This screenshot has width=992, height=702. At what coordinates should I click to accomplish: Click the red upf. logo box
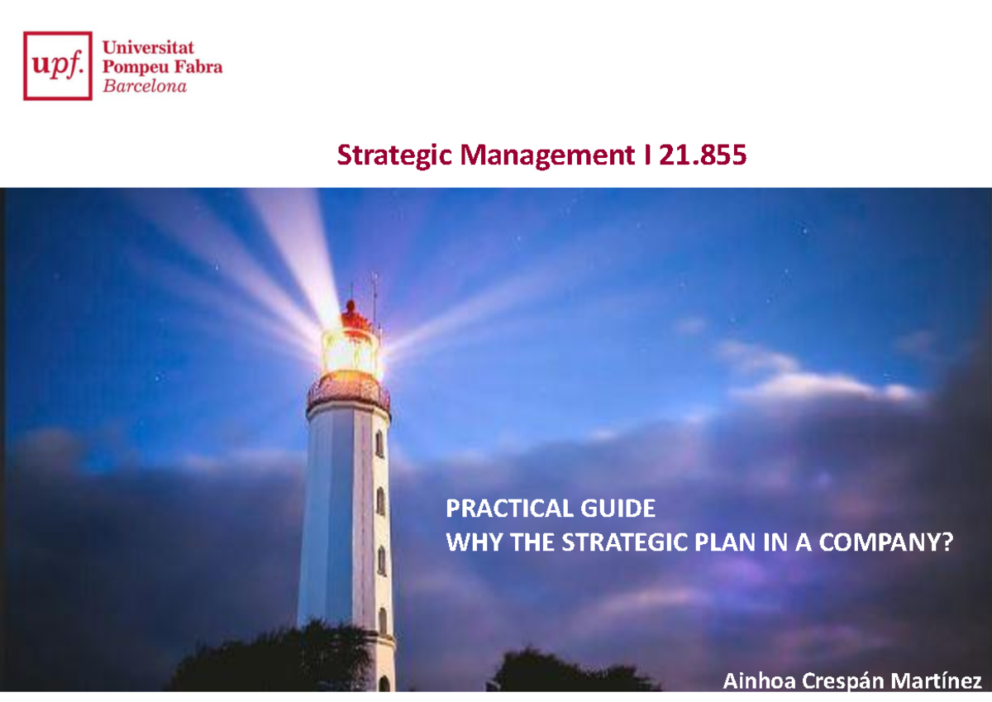coord(58,65)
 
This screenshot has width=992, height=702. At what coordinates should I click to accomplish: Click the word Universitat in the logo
coord(148,48)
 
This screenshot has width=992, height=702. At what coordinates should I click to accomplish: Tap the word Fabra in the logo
coord(198,67)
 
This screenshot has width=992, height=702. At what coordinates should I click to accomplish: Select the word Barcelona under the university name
coord(144,86)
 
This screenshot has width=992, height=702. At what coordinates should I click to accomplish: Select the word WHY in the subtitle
coord(469,543)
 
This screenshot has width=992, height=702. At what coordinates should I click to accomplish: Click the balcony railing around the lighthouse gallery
coord(348,395)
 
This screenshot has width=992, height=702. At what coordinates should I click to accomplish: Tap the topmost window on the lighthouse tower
coord(379,443)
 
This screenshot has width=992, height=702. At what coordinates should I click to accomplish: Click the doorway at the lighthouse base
coord(384,683)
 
